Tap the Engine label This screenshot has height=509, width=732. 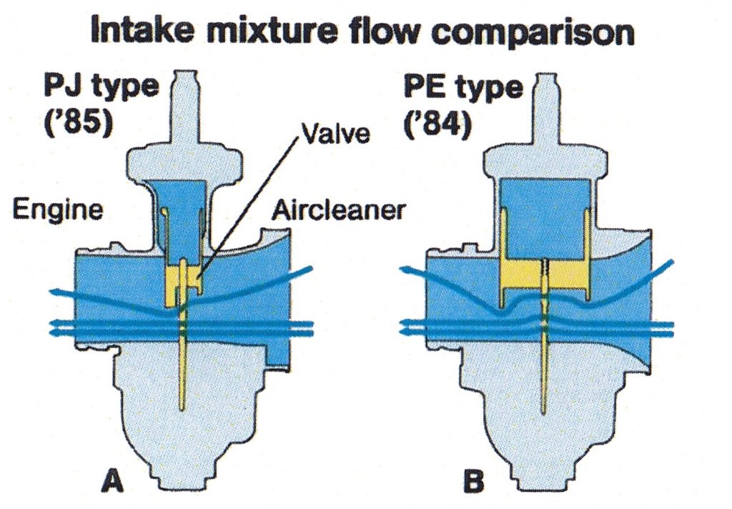[x=57, y=210]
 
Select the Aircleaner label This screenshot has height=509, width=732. [x=339, y=210]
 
